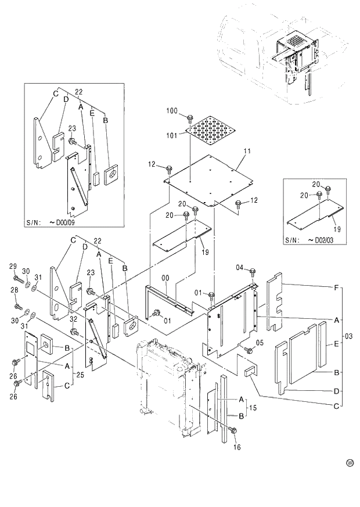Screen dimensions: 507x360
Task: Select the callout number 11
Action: [247, 151]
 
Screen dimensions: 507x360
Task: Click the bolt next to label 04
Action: [253, 272]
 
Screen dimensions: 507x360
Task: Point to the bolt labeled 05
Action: [248, 349]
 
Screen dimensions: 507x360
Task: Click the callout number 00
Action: [165, 279]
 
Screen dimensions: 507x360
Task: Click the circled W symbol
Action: [350, 463]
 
